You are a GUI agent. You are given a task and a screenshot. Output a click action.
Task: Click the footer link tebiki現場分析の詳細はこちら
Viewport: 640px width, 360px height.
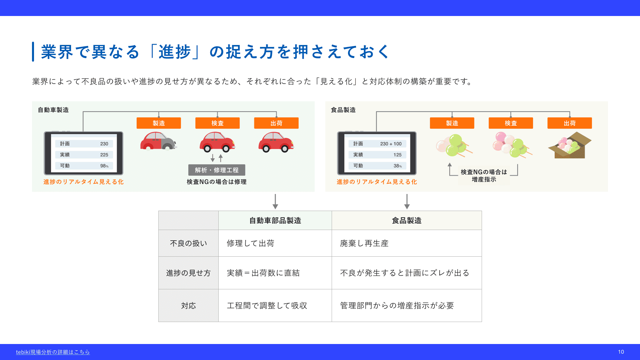click(x=53, y=352)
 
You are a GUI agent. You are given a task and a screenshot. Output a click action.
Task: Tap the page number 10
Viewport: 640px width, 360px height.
click(x=621, y=352)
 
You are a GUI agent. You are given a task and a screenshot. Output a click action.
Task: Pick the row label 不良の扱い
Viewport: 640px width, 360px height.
click(x=188, y=243)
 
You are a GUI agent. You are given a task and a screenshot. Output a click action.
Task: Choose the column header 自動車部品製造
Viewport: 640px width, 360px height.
click(x=275, y=220)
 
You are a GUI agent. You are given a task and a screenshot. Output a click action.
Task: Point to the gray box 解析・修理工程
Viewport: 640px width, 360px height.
click(x=217, y=170)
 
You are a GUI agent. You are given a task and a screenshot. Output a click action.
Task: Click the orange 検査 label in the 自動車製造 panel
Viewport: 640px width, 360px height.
click(x=217, y=123)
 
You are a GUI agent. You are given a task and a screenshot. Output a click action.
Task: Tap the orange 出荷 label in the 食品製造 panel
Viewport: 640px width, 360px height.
click(x=570, y=123)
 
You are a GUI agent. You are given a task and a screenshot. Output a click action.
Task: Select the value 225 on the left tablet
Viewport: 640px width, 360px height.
click(x=104, y=155)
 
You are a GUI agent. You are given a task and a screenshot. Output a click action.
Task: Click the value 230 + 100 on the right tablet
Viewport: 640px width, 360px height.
click(x=391, y=144)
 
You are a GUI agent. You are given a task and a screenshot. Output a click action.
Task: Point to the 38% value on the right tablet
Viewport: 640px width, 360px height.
click(x=398, y=166)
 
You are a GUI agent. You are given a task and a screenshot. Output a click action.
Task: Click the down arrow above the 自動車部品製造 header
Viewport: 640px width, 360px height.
click(x=275, y=201)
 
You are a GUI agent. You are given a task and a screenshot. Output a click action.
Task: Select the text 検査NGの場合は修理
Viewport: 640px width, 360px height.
click(x=217, y=182)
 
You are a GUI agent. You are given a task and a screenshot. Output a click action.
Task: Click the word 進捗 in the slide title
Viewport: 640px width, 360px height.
click(x=175, y=52)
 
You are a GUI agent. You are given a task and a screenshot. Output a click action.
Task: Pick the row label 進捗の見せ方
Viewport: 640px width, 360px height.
click(x=188, y=273)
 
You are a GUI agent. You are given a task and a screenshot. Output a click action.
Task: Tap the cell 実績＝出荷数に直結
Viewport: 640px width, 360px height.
click(x=263, y=273)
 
